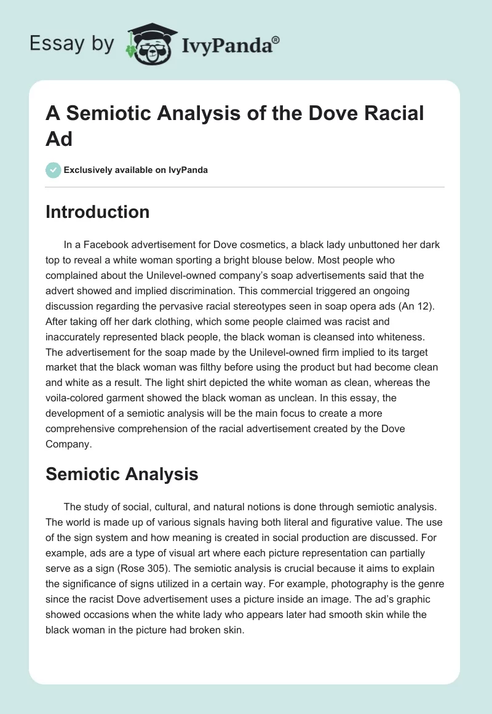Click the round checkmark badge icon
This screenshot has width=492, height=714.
[54, 170]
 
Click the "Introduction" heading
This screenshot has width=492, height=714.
[98, 212]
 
